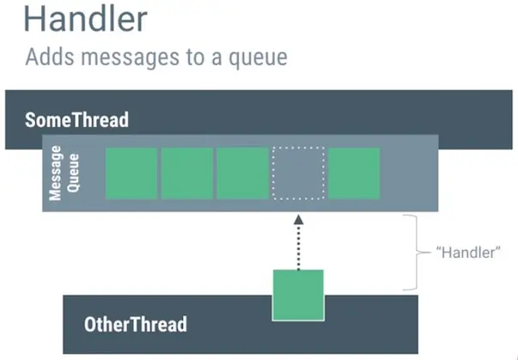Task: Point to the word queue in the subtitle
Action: (x=257, y=59)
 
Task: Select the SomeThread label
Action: (x=76, y=119)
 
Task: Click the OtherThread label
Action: (x=135, y=325)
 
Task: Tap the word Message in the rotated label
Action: (x=55, y=173)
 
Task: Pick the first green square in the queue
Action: (x=131, y=173)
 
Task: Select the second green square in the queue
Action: (x=186, y=173)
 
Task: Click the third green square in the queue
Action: (x=242, y=173)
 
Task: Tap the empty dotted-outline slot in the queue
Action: (x=298, y=173)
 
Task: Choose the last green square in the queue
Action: (x=354, y=173)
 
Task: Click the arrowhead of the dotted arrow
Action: (x=298, y=220)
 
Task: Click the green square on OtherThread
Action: (x=298, y=295)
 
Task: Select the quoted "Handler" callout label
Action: (x=468, y=254)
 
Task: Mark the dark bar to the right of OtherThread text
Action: (x=387, y=326)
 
